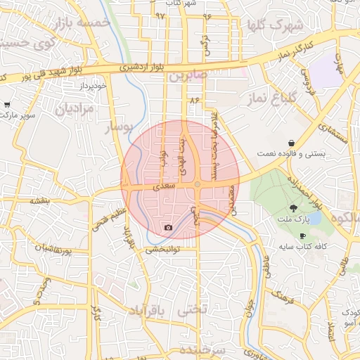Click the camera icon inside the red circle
click(x=168, y=227)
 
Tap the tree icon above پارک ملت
click(x=292, y=208)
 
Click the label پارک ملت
click(x=292, y=220)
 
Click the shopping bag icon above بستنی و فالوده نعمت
click(x=291, y=143)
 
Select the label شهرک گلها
click(x=275, y=26)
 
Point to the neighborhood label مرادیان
click(x=75, y=109)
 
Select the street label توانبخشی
click(x=164, y=248)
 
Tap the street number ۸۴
click(x=195, y=101)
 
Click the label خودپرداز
click(x=91, y=85)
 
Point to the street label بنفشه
click(x=39, y=200)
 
